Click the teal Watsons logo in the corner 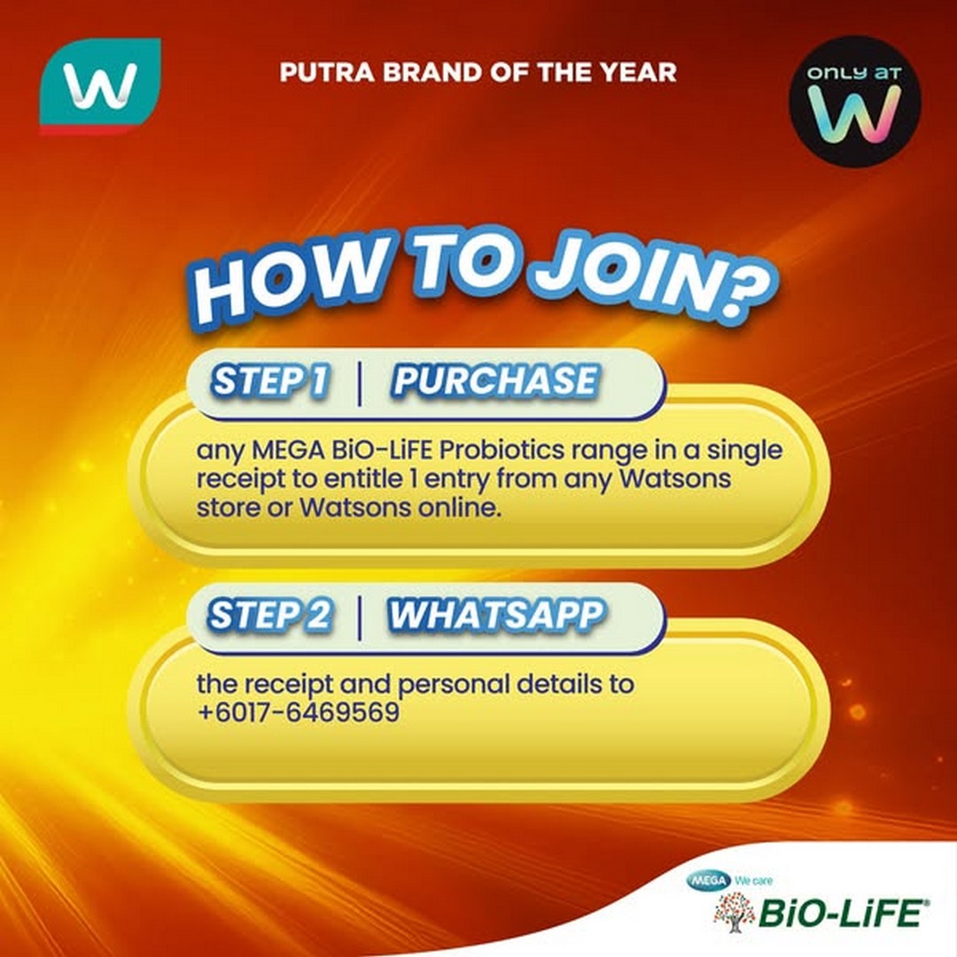tap(100, 85)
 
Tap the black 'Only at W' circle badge tap(854, 101)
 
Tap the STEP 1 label tap(269, 381)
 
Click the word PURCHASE tap(495, 380)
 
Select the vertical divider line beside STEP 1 tap(359, 383)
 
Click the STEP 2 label tap(269, 615)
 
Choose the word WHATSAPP tap(495, 614)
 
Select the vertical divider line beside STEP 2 tap(359, 618)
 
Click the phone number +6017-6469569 tap(298, 712)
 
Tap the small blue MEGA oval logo tap(708, 880)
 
